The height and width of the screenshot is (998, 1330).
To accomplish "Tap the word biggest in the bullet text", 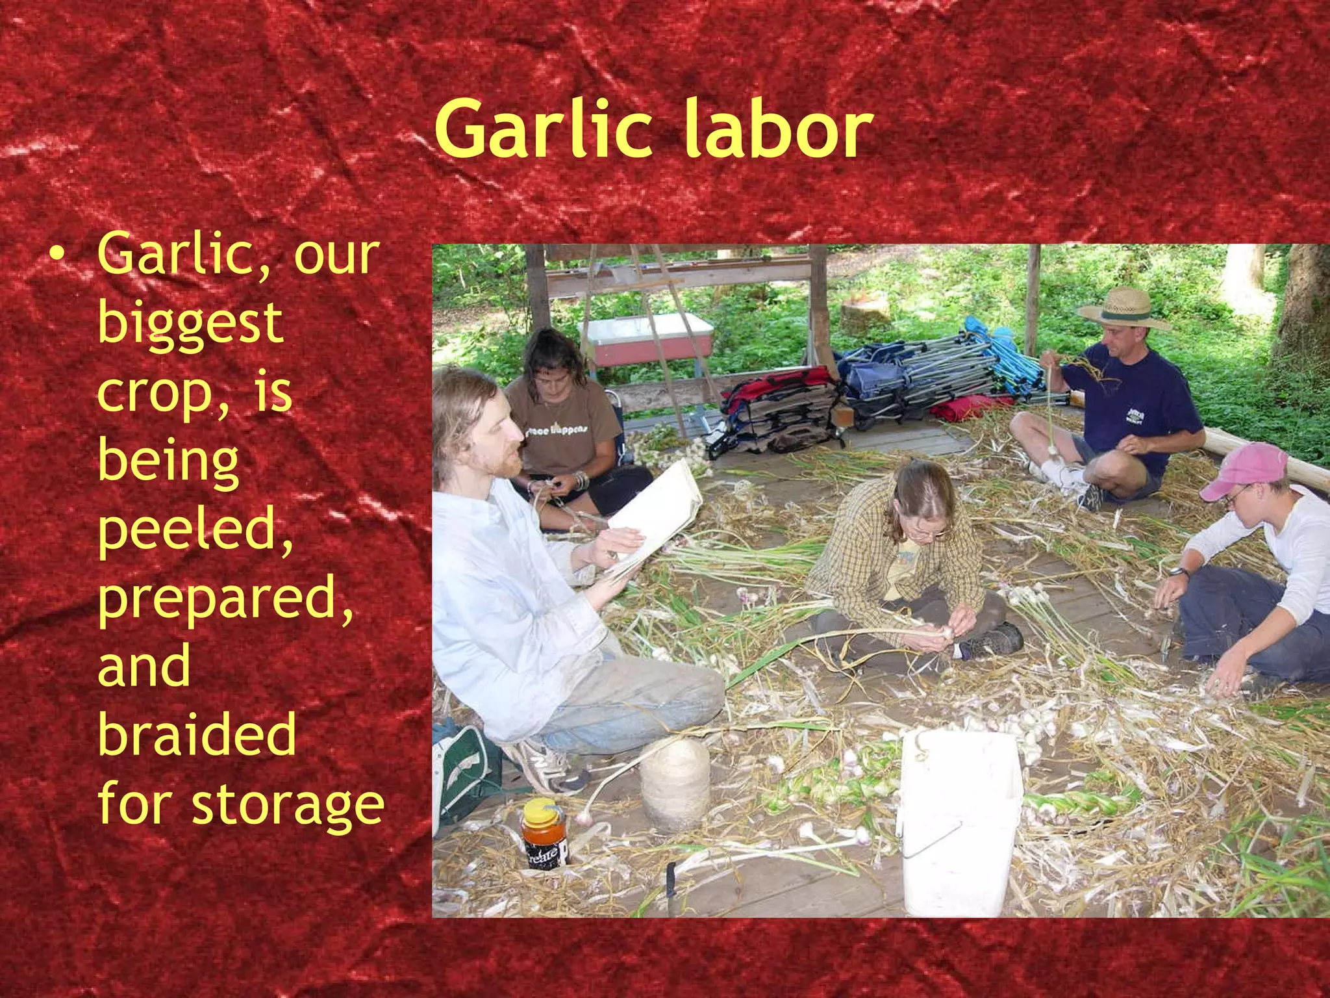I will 190,323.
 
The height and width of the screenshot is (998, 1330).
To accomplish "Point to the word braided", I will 197,734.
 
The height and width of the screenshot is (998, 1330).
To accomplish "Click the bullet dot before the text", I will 58,255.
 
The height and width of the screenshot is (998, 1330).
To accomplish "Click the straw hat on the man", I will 1124,307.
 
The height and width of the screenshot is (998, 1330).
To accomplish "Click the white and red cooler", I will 646,339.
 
